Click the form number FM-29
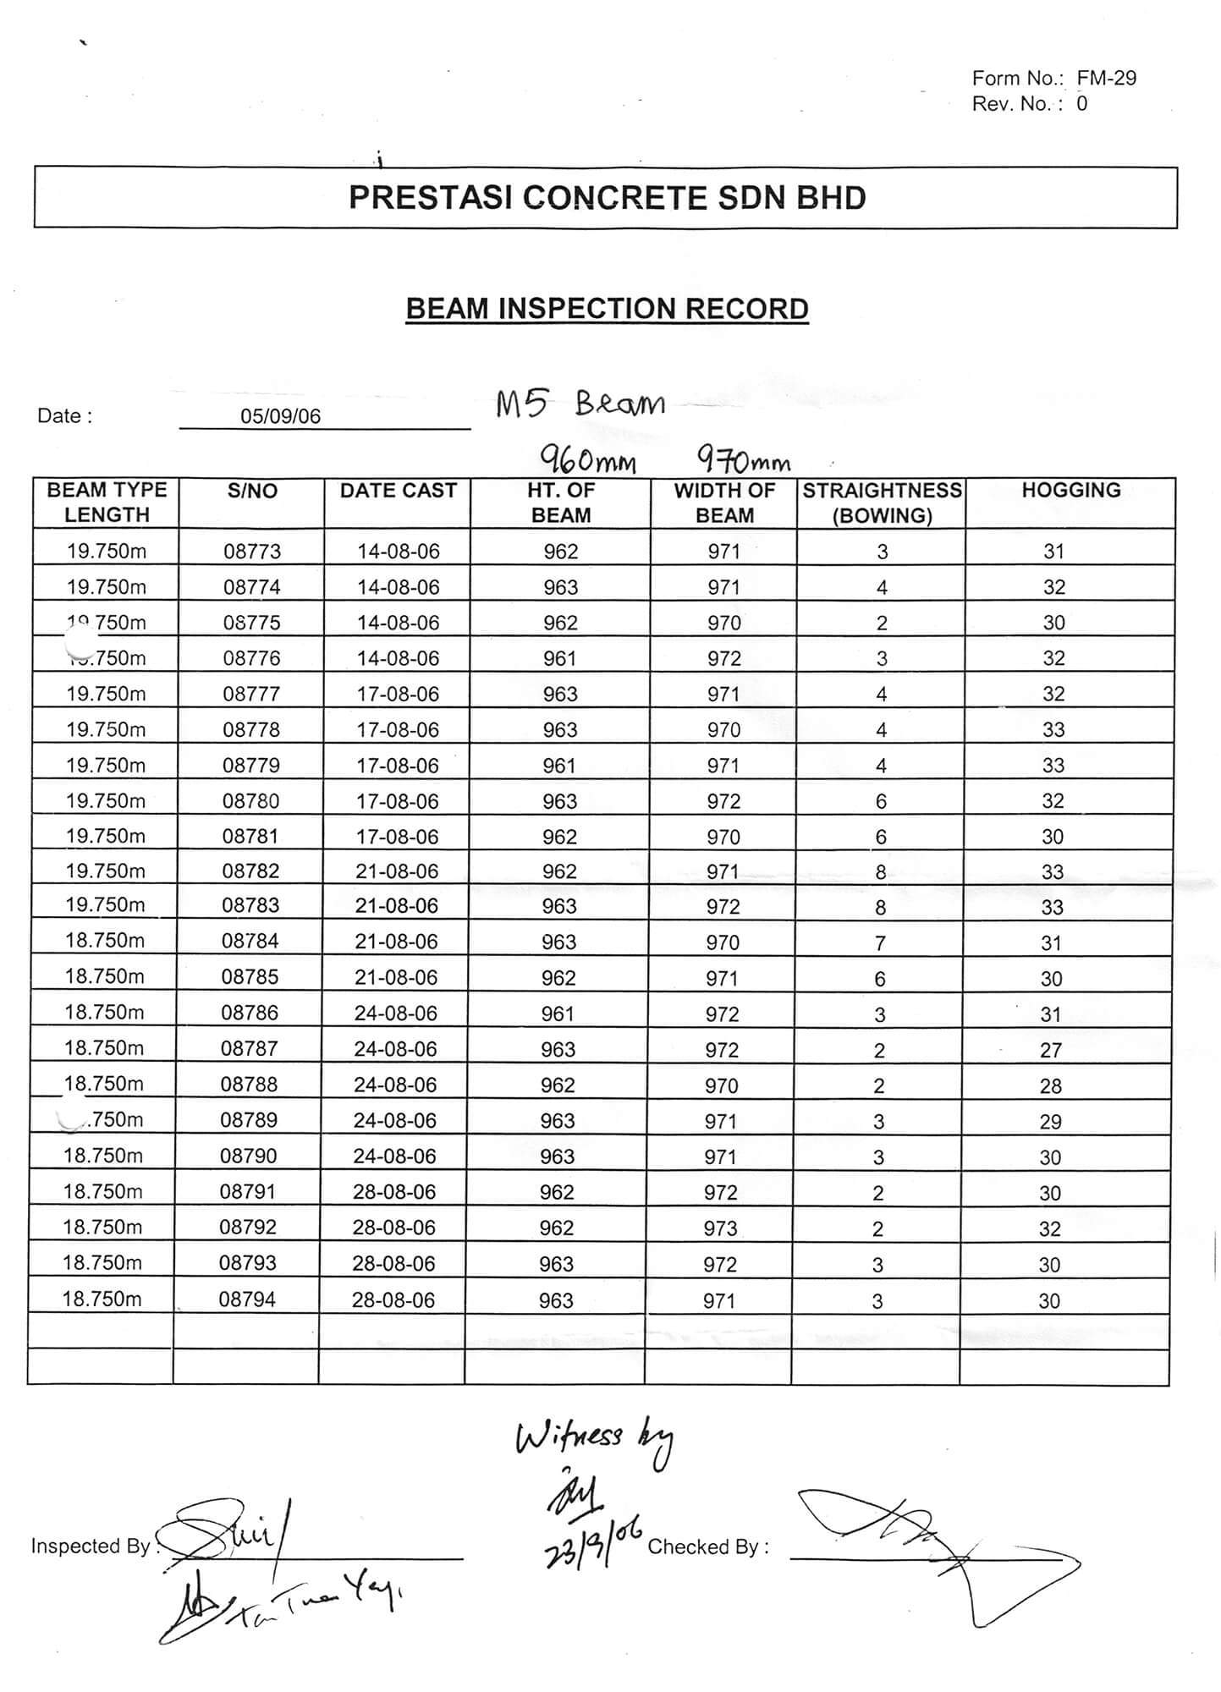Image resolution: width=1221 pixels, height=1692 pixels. (x=1106, y=79)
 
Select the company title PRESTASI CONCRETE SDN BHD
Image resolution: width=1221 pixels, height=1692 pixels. (x=607, y=198)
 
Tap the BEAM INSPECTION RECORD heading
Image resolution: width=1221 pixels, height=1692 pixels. (x=607, y=309)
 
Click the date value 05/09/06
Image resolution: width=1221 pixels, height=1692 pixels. (x=280, y=416)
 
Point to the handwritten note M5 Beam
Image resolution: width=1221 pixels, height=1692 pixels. (x=580, y=404)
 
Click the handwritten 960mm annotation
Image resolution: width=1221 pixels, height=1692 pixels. (x=588, y=461)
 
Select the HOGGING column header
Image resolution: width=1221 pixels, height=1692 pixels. (x=1070, y=491)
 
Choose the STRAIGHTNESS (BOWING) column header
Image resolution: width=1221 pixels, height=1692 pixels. (x=882, y=503)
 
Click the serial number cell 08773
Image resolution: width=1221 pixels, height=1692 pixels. (x=252, y=552)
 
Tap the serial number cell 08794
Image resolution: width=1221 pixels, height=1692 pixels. (x=247, y=1299)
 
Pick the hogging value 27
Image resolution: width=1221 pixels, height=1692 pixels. (x=1051, y=1051)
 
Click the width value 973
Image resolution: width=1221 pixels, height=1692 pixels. (x=721, y=1228)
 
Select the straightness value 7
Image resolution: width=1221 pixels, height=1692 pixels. (x=880, y=942)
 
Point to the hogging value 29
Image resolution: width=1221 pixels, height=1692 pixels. (x=1051, y=1122)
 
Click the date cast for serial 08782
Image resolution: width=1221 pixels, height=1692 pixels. (x=396, y=871)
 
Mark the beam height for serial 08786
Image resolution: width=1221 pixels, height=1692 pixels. (x=558, y=1014)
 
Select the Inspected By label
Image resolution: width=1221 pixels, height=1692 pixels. (x=90, y=1546)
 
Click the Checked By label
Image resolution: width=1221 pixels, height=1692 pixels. (x=707, y=1547)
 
